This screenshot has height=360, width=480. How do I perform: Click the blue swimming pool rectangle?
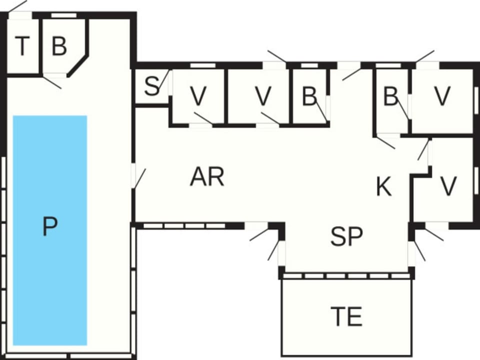(x=50, y=230)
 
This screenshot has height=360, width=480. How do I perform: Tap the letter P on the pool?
(x=49, y=226)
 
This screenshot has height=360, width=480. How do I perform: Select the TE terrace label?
(x=346, y=316)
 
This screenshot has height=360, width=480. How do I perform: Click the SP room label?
(x=346, y=236)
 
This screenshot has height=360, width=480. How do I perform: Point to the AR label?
(x=207, y=176)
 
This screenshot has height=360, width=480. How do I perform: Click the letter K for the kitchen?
(x=383, y=186)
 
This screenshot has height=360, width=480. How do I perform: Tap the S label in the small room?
(x=152, y=86)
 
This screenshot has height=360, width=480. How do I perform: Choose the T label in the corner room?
(x=22, y=46)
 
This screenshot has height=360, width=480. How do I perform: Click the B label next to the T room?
(x=59, y=46)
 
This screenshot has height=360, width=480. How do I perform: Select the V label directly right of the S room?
(x=198, y=96)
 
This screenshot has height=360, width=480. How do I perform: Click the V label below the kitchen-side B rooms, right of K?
(x=448, y=186)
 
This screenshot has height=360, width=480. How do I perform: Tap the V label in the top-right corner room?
(x=442, y=96)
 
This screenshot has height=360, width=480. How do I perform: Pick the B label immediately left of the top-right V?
(x=390, y=96)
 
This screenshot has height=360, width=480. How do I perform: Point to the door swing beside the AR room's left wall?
(x=139, y=178)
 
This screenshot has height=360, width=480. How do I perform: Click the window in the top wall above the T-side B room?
(x=63, y=15)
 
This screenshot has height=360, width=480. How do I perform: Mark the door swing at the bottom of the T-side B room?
(x=51, y=82)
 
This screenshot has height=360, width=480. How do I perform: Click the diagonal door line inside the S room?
(x=164, y=80)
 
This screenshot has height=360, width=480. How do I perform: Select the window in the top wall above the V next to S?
(x=202, y=65)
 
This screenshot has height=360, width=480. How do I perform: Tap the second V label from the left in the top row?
(x=263, y=96)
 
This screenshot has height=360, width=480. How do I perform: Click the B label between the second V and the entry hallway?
(x=309, y=96)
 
